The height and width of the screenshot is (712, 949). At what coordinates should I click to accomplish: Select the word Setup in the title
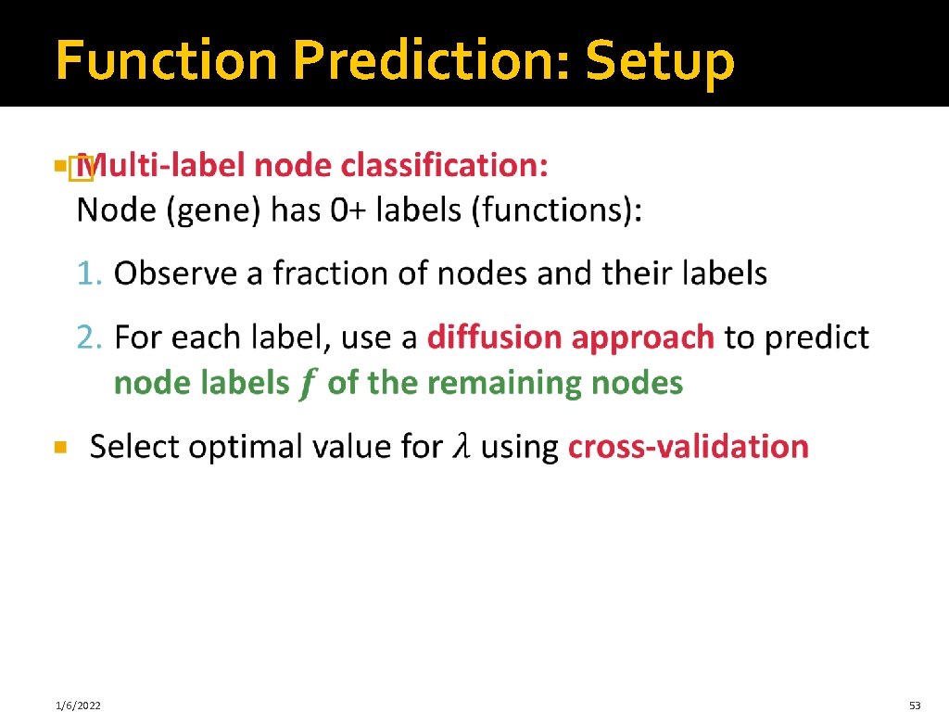pos(660,61)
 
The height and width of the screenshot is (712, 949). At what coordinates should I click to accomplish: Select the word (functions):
pos(557,211)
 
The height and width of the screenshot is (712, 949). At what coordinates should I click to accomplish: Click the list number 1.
pos(88,274)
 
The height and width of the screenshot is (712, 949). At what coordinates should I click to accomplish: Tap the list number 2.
pos(88,337)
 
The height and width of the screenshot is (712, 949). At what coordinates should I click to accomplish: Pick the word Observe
pos(167,274)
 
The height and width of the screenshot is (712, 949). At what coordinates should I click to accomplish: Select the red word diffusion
pos(494,337)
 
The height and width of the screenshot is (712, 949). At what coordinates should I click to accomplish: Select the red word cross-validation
pos(688,448)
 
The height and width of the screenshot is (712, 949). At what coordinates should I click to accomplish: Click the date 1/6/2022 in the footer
pos(78,706)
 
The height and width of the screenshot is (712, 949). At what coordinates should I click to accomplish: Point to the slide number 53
pos(915,706)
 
